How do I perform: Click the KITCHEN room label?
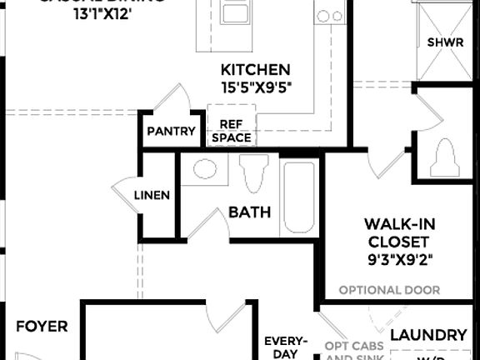click(255, 69)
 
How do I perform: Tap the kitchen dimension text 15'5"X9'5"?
click(255, 87)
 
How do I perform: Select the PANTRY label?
click(171, 131)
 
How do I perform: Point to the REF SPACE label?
click(231, 131)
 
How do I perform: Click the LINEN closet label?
click(152, 196)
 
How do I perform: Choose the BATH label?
click(250, 212)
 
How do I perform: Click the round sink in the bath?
click(204, 172)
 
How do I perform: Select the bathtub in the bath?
click(299, 198)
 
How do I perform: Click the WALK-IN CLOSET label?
click(399, 232)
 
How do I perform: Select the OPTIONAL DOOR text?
click(389, 291)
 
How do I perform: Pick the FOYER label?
click(42, 327)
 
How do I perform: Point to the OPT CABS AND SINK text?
click(354, 351)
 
